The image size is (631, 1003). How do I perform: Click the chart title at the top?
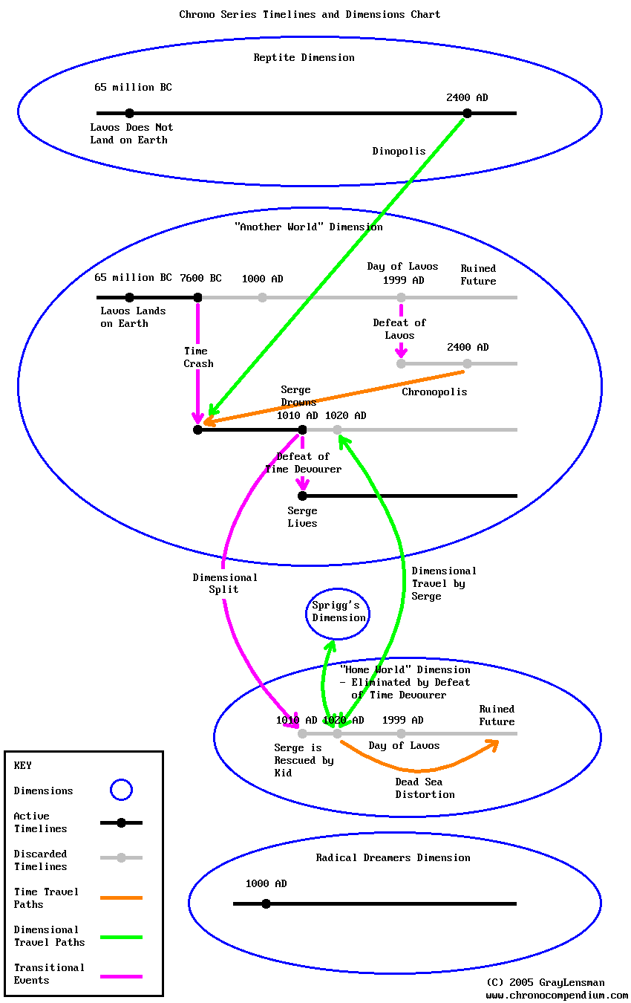(x=310, y=14)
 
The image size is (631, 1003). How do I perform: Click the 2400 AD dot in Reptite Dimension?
(x=467, y=113)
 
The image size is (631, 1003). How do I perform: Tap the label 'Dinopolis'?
(x=399, y=151)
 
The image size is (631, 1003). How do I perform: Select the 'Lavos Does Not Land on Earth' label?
(x=131, y=134)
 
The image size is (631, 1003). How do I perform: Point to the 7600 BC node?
(x=197, y=297)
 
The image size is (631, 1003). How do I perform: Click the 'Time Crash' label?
(x=198, y=357)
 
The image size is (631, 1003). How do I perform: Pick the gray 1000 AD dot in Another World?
(x=262, y=297)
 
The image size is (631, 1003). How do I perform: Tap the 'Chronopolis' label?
(x=434, y=392)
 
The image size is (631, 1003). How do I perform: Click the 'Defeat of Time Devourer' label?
(x=303, y=463)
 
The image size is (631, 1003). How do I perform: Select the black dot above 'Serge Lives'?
(x=302, y=496)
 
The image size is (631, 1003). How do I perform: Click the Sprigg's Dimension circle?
(x=339, y=612)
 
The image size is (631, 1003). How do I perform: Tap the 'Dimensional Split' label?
(x=224, y=583)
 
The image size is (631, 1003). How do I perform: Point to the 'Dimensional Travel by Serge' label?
(x=443, y=583)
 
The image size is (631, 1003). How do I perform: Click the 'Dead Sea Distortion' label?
(x=425, y=788)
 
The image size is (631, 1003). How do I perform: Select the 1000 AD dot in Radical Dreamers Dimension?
(x=266, y=903)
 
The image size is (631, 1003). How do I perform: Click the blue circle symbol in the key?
(x=121, y=790)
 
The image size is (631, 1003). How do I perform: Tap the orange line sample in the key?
(x=121, y=897)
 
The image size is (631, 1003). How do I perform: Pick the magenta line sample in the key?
(x=121, y=976)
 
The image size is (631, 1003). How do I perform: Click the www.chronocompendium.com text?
(x=557, y=995)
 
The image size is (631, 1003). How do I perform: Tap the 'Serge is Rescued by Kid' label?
(x=304, y=760)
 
